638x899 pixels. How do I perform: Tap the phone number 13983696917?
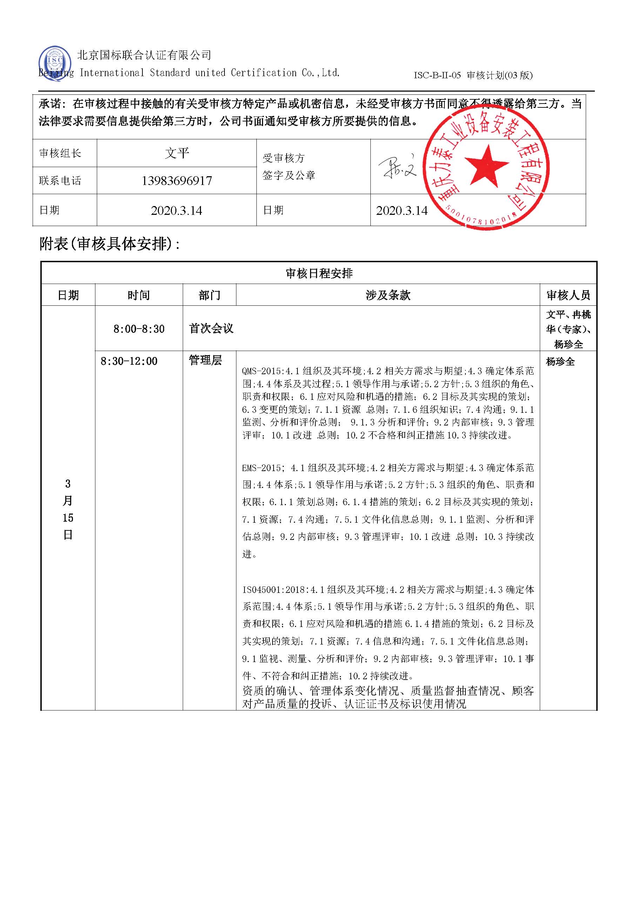(x=176, y=181)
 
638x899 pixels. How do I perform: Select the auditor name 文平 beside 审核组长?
(x=176, y=153)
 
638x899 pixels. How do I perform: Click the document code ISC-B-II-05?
(x=437, y=75)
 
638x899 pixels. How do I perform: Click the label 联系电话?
(x=60, y=181)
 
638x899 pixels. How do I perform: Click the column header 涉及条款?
(x=388, y=295)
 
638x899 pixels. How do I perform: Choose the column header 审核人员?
(x=568, y=295)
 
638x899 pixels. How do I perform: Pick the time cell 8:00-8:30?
(x=139, y=329)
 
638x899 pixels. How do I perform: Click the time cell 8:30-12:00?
(x=129, y=361)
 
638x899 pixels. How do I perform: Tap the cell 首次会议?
(x=211, y=329)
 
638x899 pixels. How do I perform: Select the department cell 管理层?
(x=206, y=361)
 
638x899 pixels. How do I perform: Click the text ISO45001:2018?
(x=275, y=590)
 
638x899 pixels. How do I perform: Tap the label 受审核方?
(x=284, y=158)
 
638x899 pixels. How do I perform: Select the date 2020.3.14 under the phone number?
(x=176, y=211)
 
